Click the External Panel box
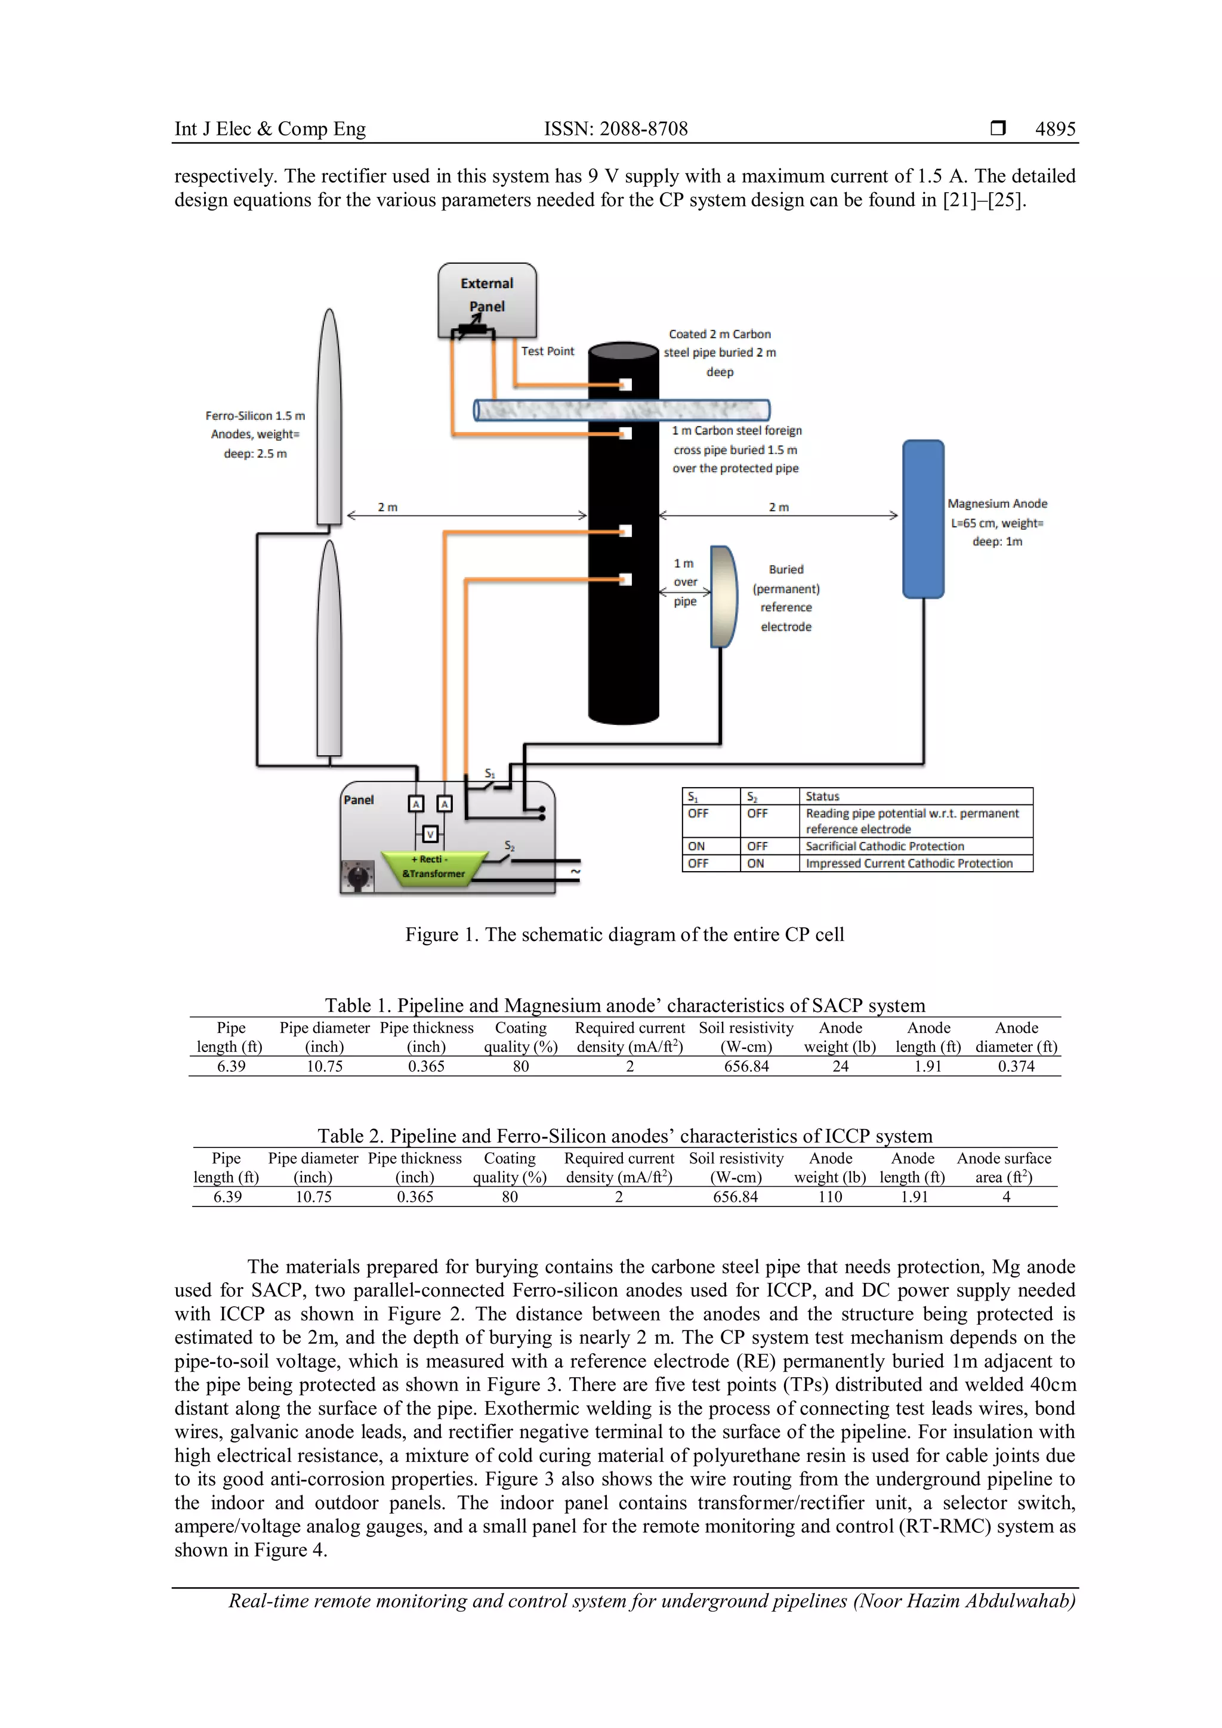coord(487,299)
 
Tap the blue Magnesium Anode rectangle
coord(922,519)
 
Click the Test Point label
coord(547,351)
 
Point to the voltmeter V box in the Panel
coord(430,834)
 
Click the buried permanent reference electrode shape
coord(723,597)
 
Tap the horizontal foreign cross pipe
coord(622,410)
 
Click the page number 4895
coord(1055,129)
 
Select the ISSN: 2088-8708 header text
coord(616,129)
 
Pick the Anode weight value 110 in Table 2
coord(829,1197)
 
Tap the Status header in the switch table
coord(822,796)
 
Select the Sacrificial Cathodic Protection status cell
coord(884,846)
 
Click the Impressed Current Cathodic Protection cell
coord(908,863)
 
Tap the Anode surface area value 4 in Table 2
coord(1005,1197)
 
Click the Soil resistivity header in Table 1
coord(746,1036)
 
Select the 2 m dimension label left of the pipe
coord(387,507)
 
